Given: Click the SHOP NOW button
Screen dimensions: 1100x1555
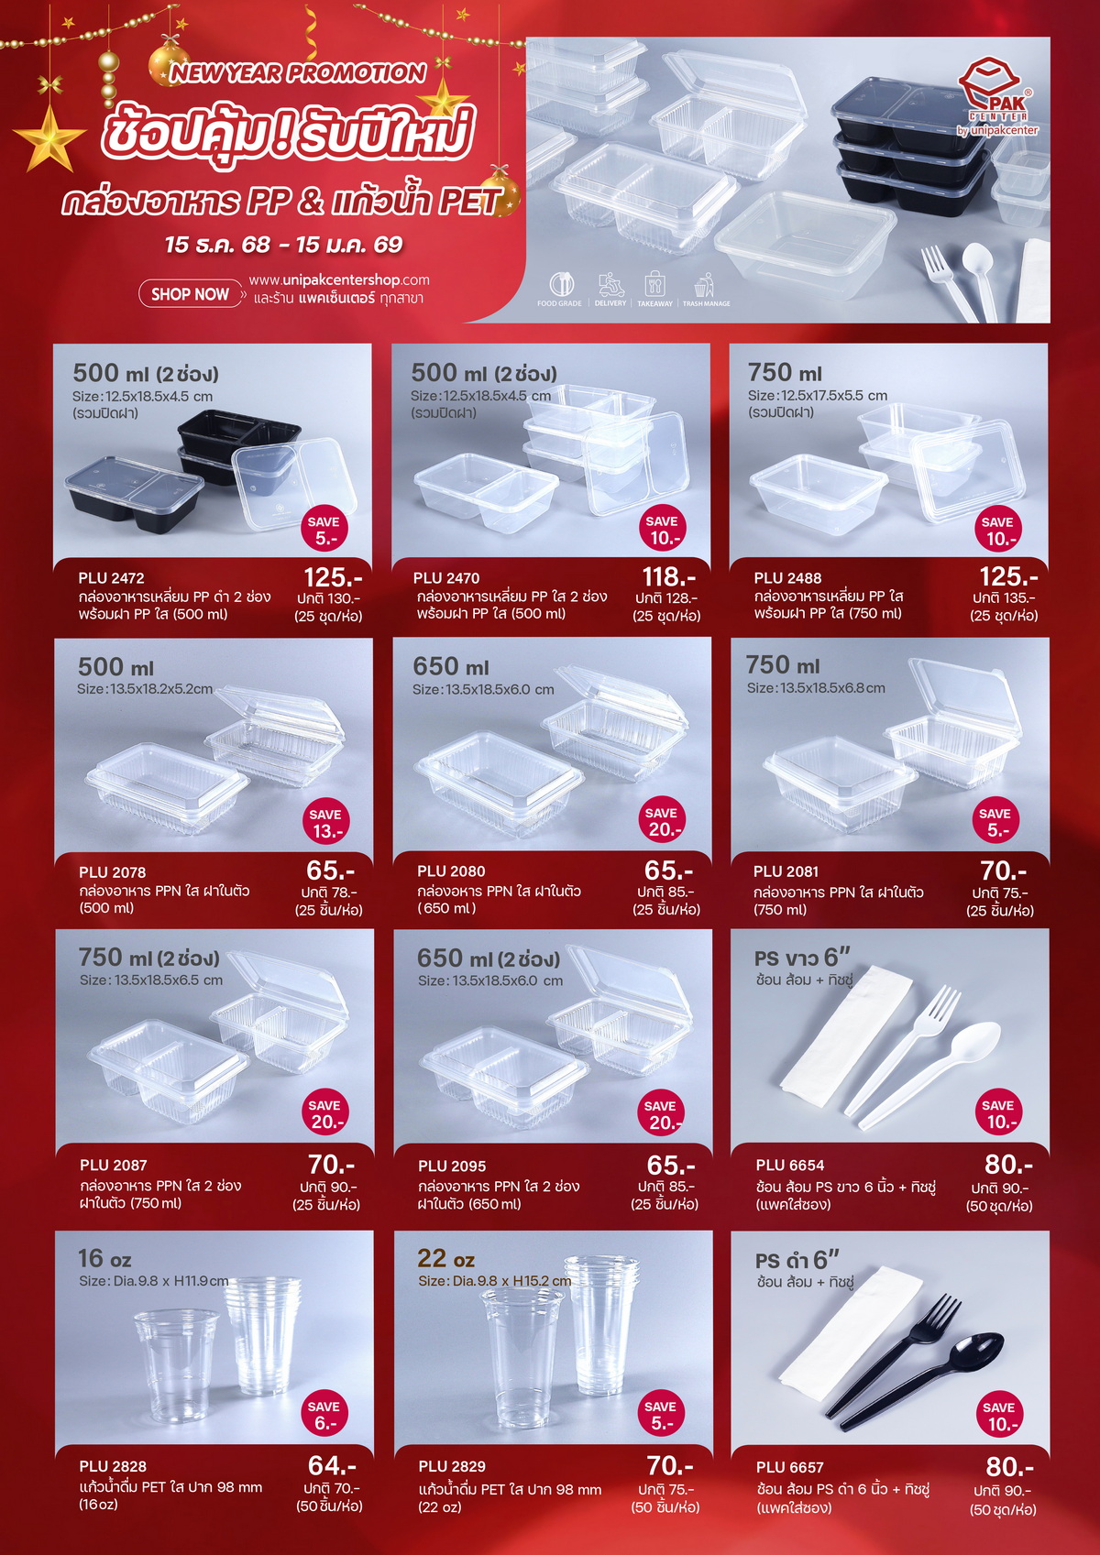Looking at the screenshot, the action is (x=191, y=294).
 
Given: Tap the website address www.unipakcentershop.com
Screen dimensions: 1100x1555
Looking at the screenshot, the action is (x=339, y=280).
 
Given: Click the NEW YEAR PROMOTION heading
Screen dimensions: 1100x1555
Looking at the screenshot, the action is (x=298, y=73).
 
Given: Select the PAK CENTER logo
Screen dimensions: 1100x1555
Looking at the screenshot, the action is (x=997, y=96).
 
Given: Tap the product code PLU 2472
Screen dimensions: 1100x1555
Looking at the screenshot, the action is (x=111, y=577).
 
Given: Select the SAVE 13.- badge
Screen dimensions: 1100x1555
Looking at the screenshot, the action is (x=325, y=823).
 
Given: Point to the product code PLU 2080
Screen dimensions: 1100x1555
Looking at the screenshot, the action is (x=451, y=871).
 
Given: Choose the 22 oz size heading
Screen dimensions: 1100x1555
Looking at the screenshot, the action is (x=445, y=1259).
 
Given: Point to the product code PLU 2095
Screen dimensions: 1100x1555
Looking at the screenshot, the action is (x=451, y=1166).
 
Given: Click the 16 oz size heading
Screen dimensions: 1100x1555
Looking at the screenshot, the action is (x=104, y=1258).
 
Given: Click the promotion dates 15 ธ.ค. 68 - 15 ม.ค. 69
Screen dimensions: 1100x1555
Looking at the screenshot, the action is (x=284, y=245).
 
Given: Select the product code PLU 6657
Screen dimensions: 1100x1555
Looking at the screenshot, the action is (x=789, y=1468).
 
